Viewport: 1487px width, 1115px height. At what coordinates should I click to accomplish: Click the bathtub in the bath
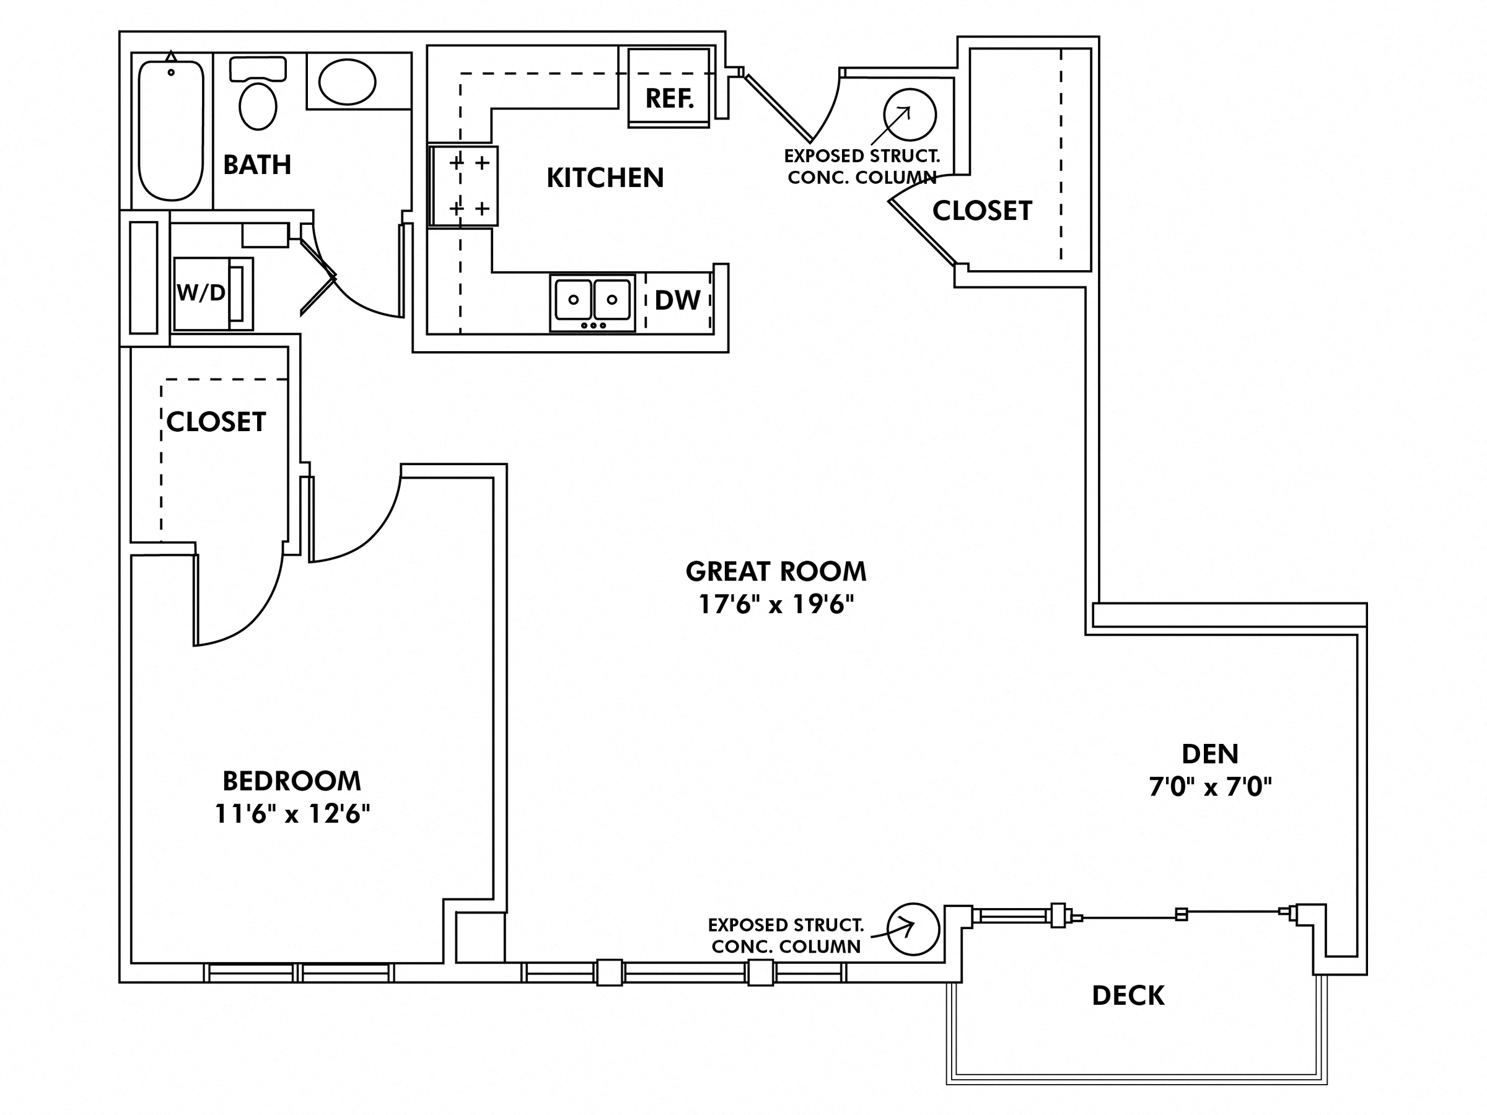pos(171,131)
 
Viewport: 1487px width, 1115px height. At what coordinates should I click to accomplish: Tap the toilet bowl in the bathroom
pos(258,106)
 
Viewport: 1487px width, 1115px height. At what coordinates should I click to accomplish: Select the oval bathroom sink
pos(347,82)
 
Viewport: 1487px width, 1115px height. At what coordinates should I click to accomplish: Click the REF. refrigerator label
pos(669,98)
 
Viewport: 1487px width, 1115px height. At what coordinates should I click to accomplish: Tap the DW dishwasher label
pos(677,300)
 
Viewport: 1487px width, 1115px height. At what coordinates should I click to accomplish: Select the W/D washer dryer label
pos(201,293)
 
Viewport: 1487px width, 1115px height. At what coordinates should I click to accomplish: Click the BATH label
pos(257,165)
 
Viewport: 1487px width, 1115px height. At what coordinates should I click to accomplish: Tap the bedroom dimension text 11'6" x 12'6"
pos(292,814)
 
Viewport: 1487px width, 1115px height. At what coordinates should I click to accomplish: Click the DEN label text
pos(1210,754)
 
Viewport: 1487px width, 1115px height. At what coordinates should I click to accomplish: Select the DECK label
pos(1128,995)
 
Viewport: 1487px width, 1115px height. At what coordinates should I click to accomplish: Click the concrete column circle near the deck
pos(912,929)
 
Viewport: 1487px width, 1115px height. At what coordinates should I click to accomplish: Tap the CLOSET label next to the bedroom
pos(216,422)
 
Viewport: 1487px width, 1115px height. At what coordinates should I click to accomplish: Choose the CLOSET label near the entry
pos(981,211)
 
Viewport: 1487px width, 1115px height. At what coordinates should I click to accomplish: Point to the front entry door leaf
pos(778,108)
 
